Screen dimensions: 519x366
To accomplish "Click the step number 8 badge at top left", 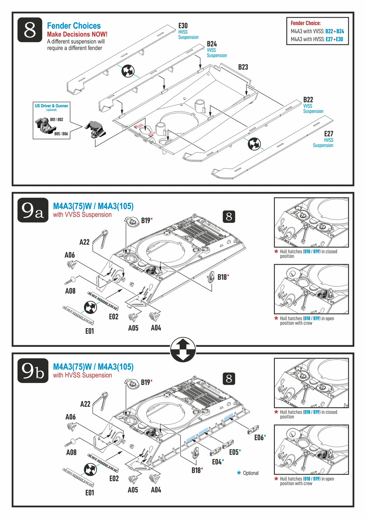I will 30,30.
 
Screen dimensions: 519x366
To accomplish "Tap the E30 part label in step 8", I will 183,26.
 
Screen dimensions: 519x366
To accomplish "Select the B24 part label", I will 212,44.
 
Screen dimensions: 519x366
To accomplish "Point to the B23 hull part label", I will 243,67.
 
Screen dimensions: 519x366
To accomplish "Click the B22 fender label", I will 308,100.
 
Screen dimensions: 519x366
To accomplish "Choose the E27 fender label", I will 328,134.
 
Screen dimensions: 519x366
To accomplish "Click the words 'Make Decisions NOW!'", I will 77,34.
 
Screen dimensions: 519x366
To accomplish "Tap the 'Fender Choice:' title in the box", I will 305,23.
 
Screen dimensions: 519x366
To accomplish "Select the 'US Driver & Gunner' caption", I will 52,106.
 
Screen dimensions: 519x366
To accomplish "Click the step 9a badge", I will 33,210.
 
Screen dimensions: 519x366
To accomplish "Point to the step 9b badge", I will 33,370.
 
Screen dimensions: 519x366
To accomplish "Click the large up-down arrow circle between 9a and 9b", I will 183,350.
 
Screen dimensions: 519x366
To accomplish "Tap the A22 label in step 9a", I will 84,242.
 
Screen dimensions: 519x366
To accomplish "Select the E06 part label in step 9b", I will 259,438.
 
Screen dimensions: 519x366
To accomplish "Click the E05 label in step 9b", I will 234,452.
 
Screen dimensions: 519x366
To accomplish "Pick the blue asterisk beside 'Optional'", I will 239,473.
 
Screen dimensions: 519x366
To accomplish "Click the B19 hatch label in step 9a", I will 145,220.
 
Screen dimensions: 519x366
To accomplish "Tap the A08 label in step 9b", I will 71,453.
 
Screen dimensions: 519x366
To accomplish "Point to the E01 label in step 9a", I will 90,331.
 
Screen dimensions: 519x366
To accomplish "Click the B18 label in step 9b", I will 196,471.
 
